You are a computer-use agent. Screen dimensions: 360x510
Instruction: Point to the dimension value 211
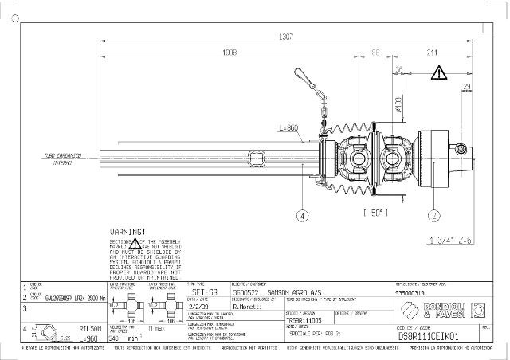click(x=431, y=53)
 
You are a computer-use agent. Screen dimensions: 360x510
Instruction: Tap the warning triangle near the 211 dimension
click(x=440, y=73)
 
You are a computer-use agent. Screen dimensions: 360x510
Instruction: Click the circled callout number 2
click(x=433, y=214)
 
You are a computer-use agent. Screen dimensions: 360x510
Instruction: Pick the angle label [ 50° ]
click(x=375, y=213)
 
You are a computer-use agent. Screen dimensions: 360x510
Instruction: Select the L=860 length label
click(x=288, y=127)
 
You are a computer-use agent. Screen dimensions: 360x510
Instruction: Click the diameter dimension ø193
click(x=396, y=104)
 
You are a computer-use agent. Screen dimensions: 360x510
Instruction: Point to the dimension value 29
click(x=467, y=87)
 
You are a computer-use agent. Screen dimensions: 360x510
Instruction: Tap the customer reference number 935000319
click(x=414, y=292)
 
